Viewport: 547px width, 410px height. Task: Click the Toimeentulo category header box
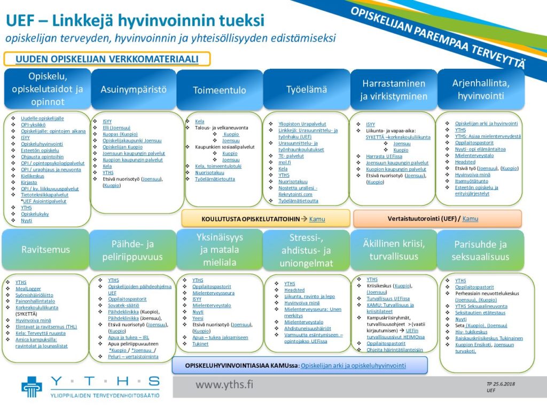point(220,90)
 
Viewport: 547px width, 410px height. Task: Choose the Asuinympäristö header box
point(134,89)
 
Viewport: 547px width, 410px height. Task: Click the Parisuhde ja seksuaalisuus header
point(480,250)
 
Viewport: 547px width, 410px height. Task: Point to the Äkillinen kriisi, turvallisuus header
point(393,250)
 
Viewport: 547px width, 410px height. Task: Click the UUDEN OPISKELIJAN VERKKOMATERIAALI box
point(107,59)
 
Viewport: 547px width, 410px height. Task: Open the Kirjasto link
point(29,182)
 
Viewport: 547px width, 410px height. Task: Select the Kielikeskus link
point(33,176)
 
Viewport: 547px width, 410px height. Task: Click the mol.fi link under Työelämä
point(285,162)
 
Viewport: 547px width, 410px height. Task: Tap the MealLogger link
point(28,289)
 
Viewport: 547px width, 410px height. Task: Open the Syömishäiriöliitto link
point(35,295)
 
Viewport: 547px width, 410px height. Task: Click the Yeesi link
point(198,318)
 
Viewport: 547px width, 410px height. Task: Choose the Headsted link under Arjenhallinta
point(465,162)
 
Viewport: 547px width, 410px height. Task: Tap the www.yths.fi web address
point(224,384)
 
